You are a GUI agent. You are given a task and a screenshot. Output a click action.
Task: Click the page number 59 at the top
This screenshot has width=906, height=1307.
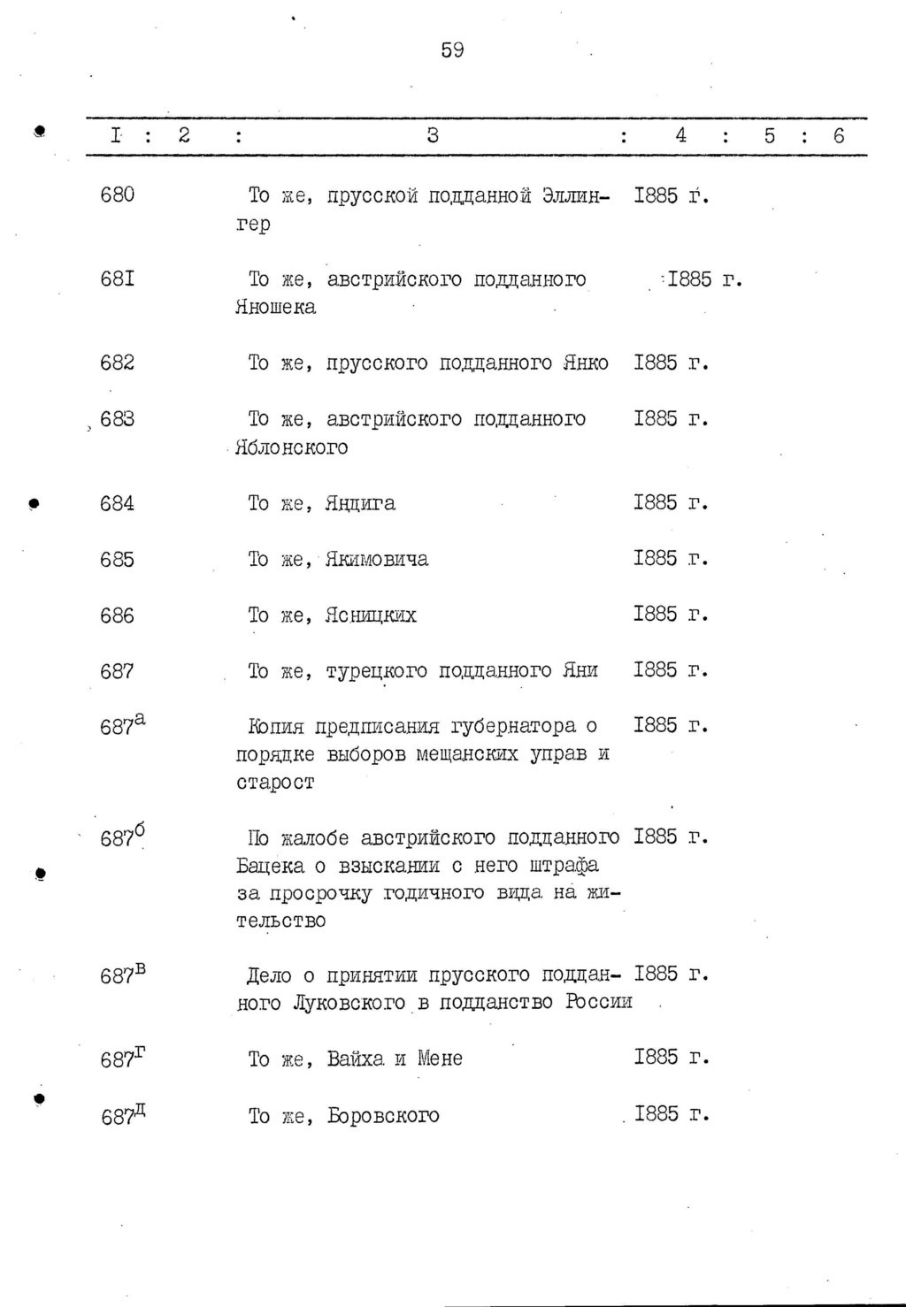coord(452,50)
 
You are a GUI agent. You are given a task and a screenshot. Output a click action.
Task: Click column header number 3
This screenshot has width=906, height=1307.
coord(433,135)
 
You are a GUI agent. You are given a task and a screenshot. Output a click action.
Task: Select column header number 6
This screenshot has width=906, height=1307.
coord(839,135)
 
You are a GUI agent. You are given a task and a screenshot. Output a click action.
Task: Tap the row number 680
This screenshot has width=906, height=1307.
coord(118,195)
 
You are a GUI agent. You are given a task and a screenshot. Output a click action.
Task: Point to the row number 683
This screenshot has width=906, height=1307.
coord(118,419)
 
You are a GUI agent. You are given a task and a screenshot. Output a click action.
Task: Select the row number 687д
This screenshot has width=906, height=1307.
coord(122,1114)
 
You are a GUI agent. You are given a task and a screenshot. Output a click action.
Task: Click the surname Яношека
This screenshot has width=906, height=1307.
coord(276,308)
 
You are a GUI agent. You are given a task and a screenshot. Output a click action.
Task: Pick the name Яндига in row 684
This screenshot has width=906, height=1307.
coord(360,504)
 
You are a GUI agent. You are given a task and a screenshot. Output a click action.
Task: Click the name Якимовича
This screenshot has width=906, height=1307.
coord(377,560)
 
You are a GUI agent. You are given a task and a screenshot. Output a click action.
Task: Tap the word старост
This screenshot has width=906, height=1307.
coord(275,783)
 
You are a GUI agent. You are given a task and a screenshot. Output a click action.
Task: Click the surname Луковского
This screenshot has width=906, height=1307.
coord(349,1004)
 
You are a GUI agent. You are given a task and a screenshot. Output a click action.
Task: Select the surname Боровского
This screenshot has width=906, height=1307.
coord(383,1115)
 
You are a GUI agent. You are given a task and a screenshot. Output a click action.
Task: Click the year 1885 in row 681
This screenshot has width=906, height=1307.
coord(690,280)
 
